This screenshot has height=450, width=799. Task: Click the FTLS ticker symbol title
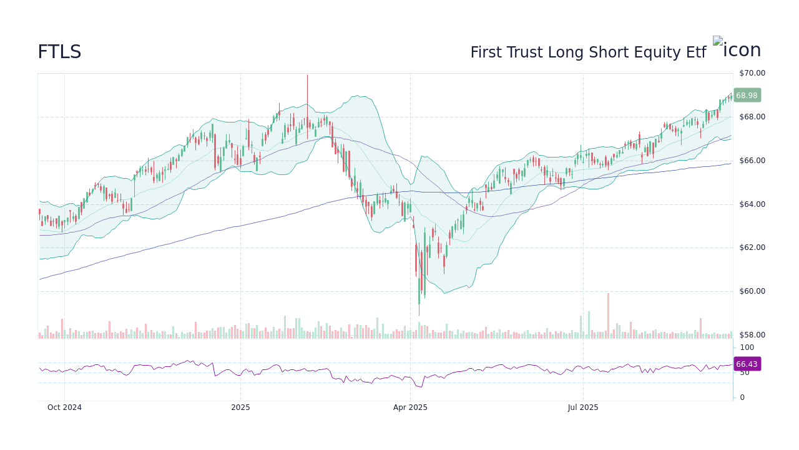click(x=59, y=52)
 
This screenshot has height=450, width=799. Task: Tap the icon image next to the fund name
click(x=737, y=50)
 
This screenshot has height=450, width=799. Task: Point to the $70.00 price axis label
click(x=752, y=73)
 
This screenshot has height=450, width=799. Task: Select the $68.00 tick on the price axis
click(x=752, y=117)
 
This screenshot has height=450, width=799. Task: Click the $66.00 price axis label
click(x=752, y=161)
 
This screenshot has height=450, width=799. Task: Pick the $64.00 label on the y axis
click(x=752, y=204)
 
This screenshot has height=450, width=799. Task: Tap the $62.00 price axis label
click(x=752, y=247)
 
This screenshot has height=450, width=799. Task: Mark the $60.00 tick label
click(x=752, y=291)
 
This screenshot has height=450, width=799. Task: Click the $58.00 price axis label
click(x=752, y=335)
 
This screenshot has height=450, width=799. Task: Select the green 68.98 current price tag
click(x=747, y=96)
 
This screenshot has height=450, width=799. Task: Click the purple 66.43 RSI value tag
click(x=747, y=364)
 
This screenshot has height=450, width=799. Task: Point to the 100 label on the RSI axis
click(x=747, y=347)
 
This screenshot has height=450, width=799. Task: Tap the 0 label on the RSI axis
click(x=742, y=397)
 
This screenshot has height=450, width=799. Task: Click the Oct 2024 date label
click(x=64, y=407)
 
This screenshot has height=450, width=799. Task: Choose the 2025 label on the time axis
click(x=240, y=407)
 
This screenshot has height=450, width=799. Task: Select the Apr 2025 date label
click(x=410, y=407)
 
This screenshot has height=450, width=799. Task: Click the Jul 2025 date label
click(x=583, y=407)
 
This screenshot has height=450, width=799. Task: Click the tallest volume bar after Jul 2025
click(x=608, y=316)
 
